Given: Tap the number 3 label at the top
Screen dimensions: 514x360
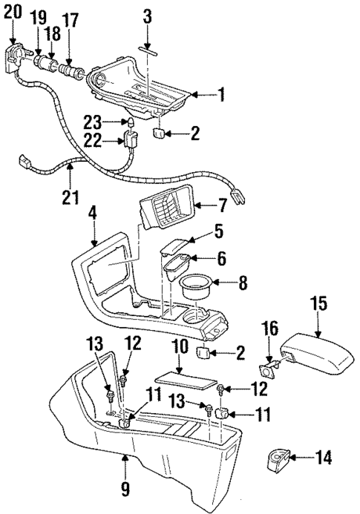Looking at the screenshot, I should click(x=147, y=15).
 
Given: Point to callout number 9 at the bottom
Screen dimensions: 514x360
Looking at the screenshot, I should click(x=125, y=490).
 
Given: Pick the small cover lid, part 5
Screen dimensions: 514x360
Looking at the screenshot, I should click(x=174, y=247).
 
